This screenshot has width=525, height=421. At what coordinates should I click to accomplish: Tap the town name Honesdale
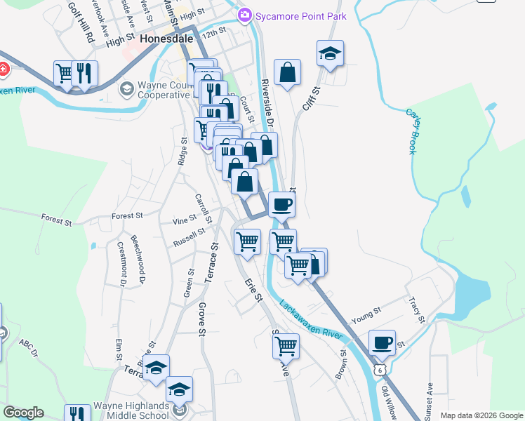[x=167, y=39]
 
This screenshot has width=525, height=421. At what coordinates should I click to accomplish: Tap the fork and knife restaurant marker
[x=84, y=73]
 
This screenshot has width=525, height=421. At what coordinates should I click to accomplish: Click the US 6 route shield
[x=380, y=369]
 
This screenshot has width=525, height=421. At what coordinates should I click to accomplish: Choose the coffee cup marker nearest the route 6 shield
[x=382, y=342]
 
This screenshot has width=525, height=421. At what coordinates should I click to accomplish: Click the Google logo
[x=23, y=413]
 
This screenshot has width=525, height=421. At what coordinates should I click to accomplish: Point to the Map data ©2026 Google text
[x=481, y=415]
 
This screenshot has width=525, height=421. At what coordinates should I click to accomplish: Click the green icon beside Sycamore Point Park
[x=244, y=13]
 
